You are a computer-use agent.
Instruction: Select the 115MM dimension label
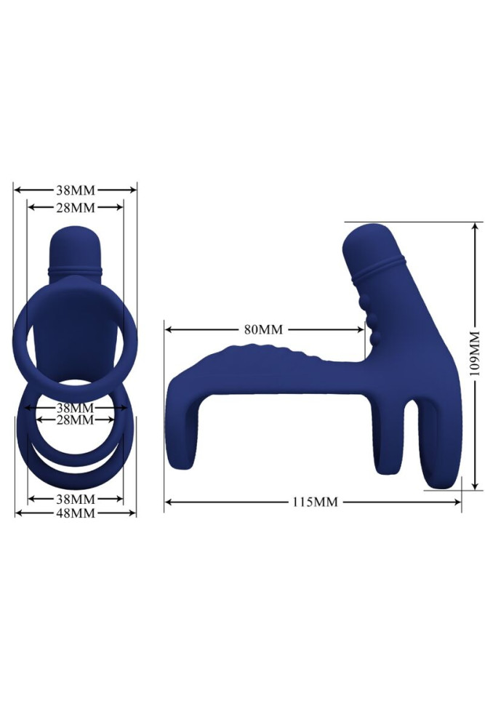point(315,502)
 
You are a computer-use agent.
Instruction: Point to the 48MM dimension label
point(76,513)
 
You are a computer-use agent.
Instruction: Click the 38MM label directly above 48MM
point(76,499)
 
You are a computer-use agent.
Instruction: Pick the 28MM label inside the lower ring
point(76,419)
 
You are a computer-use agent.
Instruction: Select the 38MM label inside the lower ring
point(76,407)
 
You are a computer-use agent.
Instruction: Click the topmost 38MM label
point(76,190)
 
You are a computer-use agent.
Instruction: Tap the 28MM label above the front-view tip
point(76,207)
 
